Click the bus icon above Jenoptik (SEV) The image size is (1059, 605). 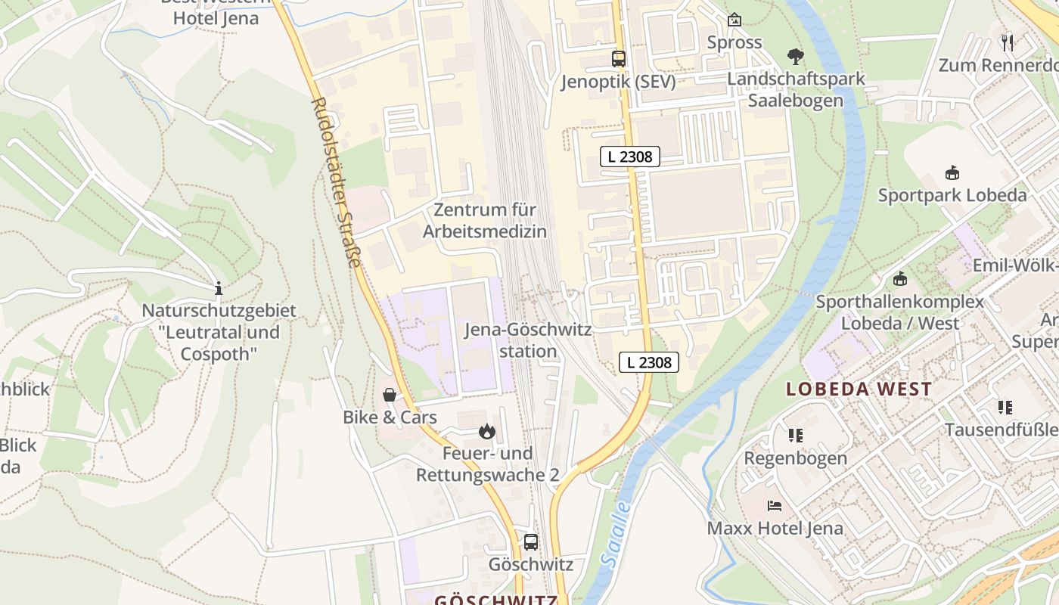point(619,58)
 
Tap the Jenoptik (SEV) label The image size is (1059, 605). point(618,82)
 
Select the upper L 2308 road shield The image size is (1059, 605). point(630,157)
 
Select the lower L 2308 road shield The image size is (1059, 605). point(649,362)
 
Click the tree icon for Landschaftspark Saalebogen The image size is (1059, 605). point(795,56)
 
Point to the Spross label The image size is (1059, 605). point(734,42)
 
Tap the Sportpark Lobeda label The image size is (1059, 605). point(952,195)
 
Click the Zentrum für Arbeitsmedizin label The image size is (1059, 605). point(484,221)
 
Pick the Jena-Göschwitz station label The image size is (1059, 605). point(528,340)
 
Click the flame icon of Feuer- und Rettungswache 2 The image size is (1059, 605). point(487,432)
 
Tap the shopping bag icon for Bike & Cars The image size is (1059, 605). point(390,395)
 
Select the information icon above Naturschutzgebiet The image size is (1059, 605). point(219,288)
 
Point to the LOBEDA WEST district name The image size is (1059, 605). point(859,389)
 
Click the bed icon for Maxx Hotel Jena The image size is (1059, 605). point(775,505)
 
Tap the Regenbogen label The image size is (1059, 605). point(794,458)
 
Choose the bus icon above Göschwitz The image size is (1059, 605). point(531,541)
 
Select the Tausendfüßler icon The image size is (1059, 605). point(1005,408)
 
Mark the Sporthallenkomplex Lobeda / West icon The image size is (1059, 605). point(899,279)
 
